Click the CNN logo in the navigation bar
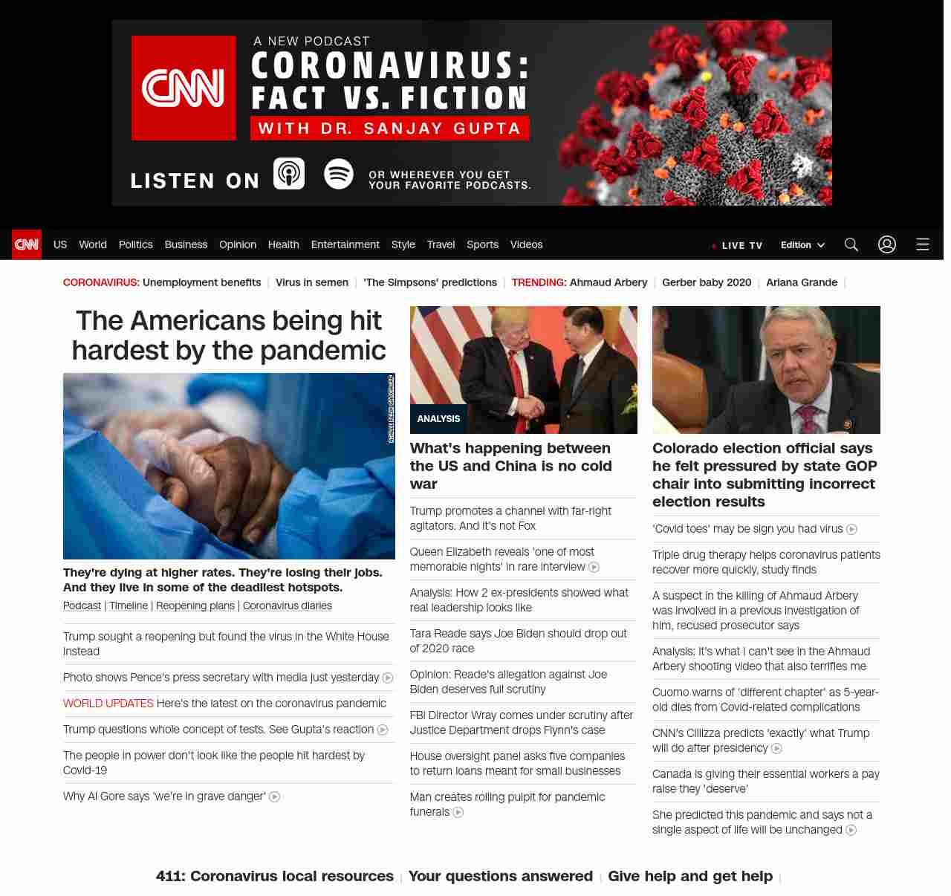27,244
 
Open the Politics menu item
135,244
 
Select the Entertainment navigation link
345,244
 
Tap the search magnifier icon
851,244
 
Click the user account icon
886,244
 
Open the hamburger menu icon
922,244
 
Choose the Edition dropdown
802,245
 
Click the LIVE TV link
737,245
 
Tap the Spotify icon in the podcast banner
339,174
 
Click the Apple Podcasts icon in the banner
289,174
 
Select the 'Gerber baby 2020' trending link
706,282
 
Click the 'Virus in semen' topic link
311,282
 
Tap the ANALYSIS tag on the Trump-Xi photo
438,419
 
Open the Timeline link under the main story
129,606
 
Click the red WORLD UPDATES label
108,704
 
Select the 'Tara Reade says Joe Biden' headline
518,640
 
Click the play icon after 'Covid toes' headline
852,530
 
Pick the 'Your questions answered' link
500,876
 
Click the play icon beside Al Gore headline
274,797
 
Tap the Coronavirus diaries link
287,606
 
